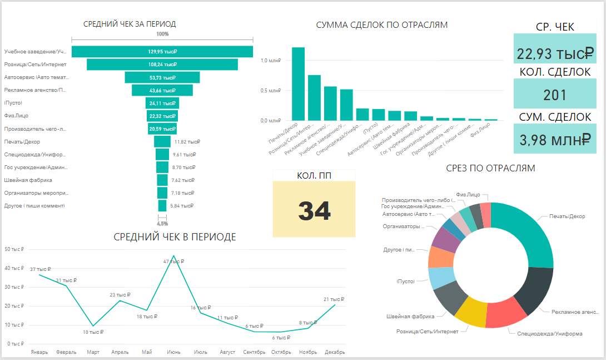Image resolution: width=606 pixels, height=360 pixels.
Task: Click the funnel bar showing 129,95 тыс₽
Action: (x=162, y=52)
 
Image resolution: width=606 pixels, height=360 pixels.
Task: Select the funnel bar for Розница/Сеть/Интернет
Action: (x=162, y=65)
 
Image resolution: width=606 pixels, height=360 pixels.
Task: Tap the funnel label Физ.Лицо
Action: (x=16, y=116)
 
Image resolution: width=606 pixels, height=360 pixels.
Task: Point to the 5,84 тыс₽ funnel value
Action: (x=182, y=206)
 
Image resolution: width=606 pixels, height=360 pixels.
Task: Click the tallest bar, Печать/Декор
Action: (x=298, y=83)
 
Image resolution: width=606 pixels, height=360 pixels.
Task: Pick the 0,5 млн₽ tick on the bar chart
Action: (x=271, y=91)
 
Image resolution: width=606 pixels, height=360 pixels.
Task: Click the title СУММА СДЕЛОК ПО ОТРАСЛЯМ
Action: (x=381, y=25)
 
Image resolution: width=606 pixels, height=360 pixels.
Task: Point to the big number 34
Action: (x=314, y=211)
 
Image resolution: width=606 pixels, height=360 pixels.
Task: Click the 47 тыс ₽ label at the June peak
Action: (x=174, y=261)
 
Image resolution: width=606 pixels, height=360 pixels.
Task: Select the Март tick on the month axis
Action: (x=93, y=352)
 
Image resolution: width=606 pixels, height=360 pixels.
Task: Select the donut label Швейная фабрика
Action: (x=410, y=317)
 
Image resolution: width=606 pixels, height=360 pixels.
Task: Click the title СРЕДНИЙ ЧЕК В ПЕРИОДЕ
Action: (x=175, y=237)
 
